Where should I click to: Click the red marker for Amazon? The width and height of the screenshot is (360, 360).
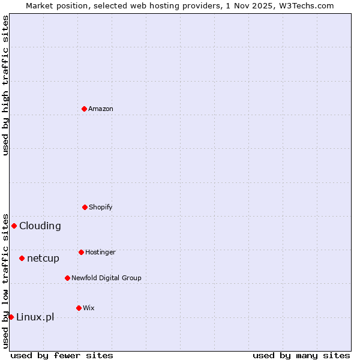[84, 109]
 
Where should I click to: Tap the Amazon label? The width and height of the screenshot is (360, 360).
[100, 109]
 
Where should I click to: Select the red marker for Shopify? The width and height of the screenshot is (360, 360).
[85, 207]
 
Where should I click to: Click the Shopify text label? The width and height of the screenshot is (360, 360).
[100, 207]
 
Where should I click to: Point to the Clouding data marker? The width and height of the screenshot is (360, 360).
[14, 226]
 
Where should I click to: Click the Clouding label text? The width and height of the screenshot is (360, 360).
[40, 226]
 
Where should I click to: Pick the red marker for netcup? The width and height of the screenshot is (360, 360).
[22, 258]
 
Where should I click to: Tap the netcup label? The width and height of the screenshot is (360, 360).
[43, 259]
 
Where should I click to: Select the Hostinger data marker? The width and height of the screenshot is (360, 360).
[81, 252]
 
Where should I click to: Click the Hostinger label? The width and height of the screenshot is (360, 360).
[100, 252]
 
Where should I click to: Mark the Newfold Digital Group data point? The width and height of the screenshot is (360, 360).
[67, 278]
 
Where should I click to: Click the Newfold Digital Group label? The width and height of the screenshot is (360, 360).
[106, 278]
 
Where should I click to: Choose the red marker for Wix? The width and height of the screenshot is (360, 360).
[79, 308]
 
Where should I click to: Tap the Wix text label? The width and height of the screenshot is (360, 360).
[88, 308]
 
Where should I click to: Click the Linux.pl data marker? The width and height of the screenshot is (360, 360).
[11, 317]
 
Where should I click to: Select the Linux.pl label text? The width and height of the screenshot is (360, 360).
[35, 317]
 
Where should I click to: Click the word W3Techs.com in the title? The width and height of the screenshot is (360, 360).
[310, 5]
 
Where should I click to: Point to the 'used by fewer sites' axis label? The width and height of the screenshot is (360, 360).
[62, 355]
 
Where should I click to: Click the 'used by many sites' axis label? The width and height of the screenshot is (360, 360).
[301, 355]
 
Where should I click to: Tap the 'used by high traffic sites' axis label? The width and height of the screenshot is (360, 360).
[5, 85]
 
